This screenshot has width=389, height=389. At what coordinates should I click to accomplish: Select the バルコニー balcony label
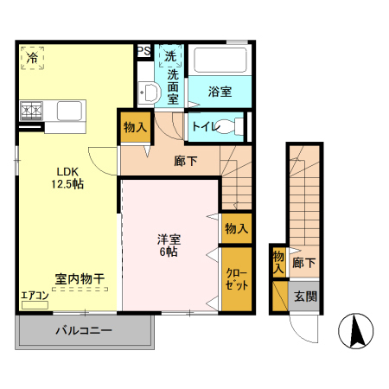pos(84,330)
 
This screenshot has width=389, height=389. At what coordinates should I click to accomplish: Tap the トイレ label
pos(204,127)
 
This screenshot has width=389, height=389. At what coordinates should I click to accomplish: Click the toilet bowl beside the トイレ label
pos(229,126)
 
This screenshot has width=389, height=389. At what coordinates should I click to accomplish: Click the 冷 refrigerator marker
pos(31,59)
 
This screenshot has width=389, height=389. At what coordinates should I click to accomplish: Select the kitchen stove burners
pos(32,110)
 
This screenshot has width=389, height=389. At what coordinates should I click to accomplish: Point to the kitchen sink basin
pos(69,111)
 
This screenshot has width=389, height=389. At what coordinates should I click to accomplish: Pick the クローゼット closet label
pos(236,277)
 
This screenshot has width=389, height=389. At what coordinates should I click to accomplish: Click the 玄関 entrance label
pos(304,297)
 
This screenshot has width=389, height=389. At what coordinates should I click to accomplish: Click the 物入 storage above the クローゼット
pos(236,228)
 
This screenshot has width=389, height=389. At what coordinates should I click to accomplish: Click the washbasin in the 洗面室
pos(147,93)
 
